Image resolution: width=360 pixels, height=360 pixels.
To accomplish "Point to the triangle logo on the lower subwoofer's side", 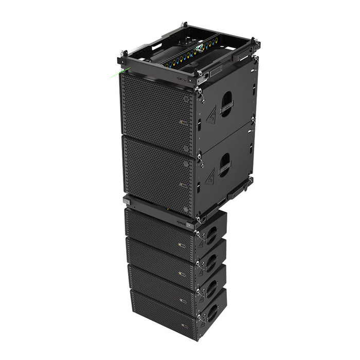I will point(210,177).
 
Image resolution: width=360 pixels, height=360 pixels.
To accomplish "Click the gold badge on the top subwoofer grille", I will point(181,122).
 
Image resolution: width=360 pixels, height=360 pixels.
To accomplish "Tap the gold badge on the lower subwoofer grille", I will point(181,184).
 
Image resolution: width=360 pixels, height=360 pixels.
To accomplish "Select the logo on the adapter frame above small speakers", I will point(183,223).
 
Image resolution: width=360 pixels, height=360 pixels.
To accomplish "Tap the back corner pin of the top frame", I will point(183,24).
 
